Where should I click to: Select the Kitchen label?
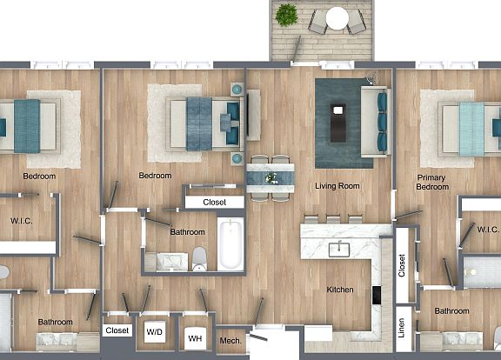(x=339, y=290)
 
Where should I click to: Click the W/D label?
(x=154, y=330)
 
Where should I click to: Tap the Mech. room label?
(x=230, y=340)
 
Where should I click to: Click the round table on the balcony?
(x=337, y=18)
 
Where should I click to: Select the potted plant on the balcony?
(x=286, y=14)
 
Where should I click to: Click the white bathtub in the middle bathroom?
(x=231, y=245)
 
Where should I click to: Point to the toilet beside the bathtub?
(x=199, y=257)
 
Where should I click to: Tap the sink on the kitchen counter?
(x=340, y=250)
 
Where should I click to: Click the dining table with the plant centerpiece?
(x=271, y=177)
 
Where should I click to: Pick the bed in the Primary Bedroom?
(x=469, y=127)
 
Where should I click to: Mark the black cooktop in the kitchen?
(x=376, y=296)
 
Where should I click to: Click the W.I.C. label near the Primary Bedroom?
(x=487, y=230)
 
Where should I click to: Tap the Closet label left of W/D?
(x=117, y=330)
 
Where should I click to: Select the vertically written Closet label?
(x=401, y=266)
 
